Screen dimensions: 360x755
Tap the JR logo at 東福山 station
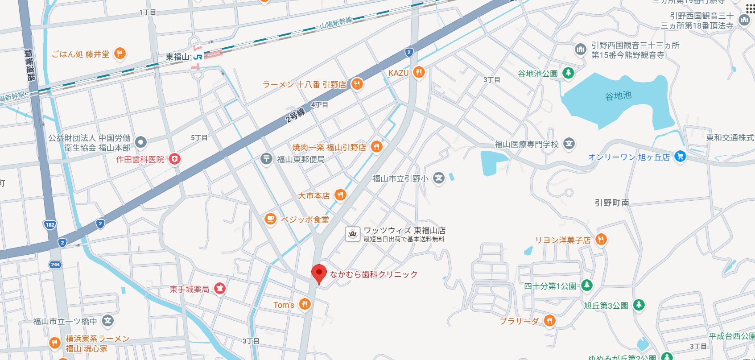coord(198,57)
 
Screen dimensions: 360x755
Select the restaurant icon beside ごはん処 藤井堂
coord(120,54)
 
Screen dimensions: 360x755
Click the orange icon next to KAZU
coord(418,72)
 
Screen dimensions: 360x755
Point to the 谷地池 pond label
coord(618,95)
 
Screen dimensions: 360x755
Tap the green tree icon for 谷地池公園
coord(568,73)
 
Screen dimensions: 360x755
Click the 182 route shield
coord(50,224)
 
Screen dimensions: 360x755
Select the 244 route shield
coord(55,265)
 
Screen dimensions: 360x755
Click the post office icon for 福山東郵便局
coord(266,158)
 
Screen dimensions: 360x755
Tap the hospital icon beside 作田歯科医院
coord(174,159)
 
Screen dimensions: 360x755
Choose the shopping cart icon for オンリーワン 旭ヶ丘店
coord(680,156)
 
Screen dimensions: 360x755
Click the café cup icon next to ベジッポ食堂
coord(270,219)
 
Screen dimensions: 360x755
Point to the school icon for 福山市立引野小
coord(439,178)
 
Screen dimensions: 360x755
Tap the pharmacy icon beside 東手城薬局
coord(219,289)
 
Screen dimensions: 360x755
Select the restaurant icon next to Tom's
coord(305,304)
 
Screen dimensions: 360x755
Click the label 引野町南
coord(612,203)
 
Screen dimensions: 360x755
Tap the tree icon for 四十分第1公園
coord(587,285)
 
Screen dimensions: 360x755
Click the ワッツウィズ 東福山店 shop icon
coord(352,234)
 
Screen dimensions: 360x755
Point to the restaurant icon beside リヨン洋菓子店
coord(601,240)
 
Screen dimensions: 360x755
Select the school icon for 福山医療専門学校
coord(569,144)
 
